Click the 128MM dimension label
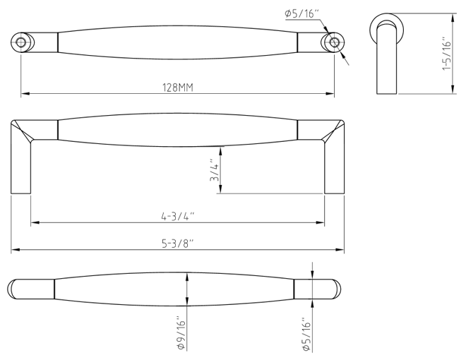pos(177,88)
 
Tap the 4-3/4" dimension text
pos(177,216)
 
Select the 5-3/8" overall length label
pos(177,244)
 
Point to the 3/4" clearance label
pos(215,170)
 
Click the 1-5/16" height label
pos(447,54)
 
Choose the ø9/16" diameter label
pos(181,335)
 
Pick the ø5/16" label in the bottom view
pos(306,335)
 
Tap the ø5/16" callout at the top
pos(301,13)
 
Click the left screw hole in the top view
pos(20,42)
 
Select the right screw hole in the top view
pos(335,42)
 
